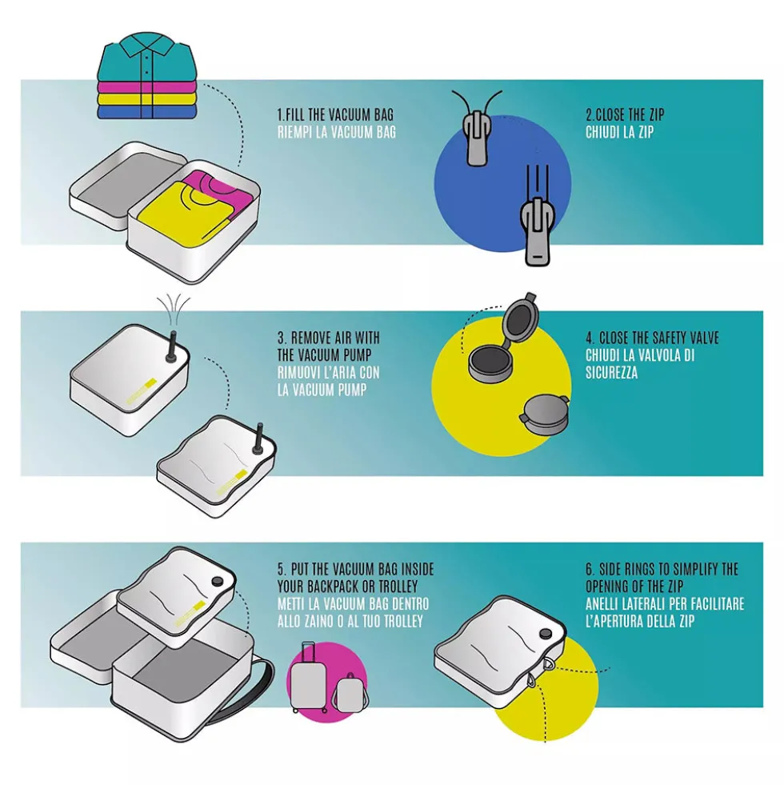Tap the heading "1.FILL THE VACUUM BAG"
click(x=335, y=114)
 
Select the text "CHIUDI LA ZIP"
click(x=619, y=132)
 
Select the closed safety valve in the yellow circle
click(x=544, y=414)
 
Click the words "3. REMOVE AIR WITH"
click(x=329, y=338)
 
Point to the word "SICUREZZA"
click(x=612, y=372)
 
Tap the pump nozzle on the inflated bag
click(x=172, y=345)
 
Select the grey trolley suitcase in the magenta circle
click(x=307, y=677)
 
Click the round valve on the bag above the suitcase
click(x=218, y=581)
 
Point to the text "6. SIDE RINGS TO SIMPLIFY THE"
click(x=662, y=569)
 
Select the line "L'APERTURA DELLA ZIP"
click(x=640, y=621)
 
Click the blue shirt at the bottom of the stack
click(x=145, y=112)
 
